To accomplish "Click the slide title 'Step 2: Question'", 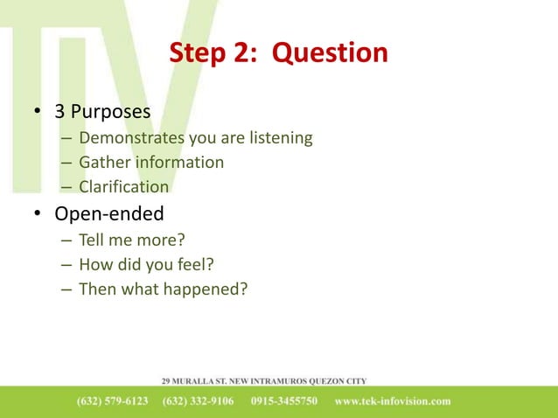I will [278, 53].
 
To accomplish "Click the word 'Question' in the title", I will [330, 53].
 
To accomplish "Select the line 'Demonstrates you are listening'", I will [195, 138].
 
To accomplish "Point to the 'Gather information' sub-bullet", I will [150, 163].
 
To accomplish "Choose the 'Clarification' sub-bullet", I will [123, 187].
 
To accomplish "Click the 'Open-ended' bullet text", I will [108, 213].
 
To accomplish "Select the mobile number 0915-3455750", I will [284, 401].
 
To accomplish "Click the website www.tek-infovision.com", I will [393, 401].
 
